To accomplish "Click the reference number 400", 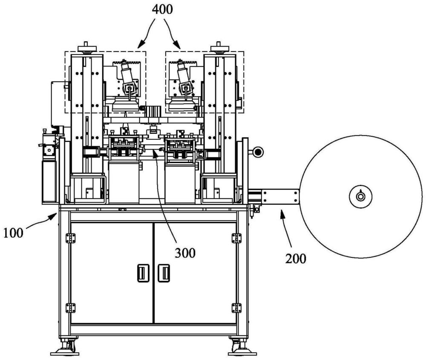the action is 162,9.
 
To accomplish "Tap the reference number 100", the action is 13,233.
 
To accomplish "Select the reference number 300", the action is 185,253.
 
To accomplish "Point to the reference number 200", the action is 296,258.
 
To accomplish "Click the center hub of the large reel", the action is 360,196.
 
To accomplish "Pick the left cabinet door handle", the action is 143,273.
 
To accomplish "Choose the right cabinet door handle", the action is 164,273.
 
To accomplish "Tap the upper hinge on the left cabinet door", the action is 70,238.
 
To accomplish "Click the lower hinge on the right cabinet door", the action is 236,308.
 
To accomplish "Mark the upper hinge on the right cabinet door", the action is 236,238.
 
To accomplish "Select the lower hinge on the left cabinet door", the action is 70,308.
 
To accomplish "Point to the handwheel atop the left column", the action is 87,49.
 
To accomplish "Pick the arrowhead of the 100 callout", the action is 54,216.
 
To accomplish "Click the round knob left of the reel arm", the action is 258,152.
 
